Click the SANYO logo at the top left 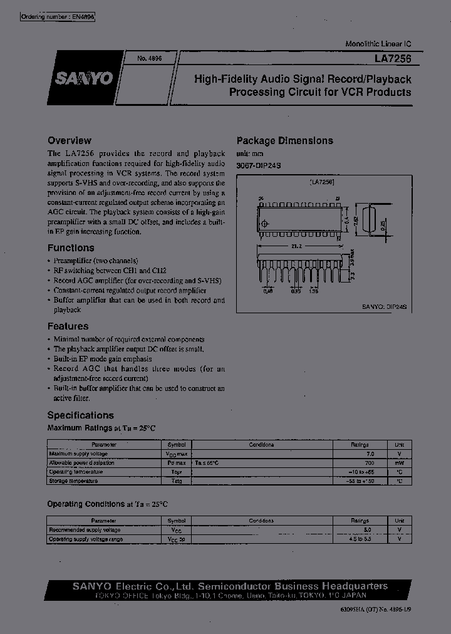tap(83, 78)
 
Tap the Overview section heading tap(69, 141)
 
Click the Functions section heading tap(71, 247)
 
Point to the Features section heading tap(68, 326)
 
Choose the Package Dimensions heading tap(284, 141)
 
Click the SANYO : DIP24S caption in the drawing tap(384, 307)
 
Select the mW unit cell tap(399, 462)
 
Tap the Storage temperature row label tap(73, 481)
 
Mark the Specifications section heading tap(80, 415)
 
